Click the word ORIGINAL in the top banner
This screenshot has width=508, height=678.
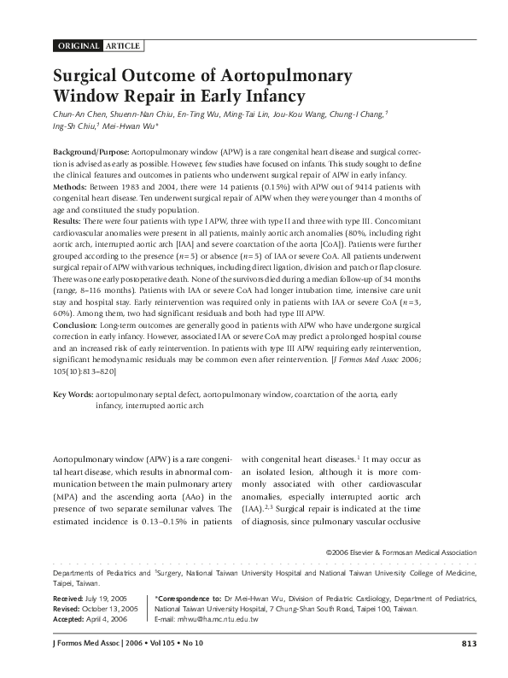click(78, 44)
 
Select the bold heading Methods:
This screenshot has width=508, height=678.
click(70, 184)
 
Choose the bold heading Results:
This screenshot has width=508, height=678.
click(68, 219)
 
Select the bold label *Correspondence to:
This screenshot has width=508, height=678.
click(188, 600)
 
